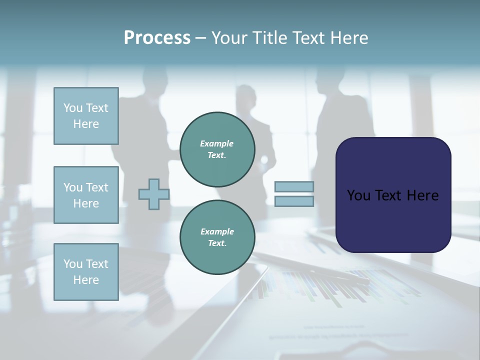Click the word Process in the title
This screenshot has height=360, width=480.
(157, 38)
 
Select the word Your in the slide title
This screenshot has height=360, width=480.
(230, 38)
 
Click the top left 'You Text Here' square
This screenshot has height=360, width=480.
(86, 116)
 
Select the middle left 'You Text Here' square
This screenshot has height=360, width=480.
(86, 195)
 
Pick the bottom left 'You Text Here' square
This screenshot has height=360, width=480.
(86, 272)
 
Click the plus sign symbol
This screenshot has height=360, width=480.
(153, 194)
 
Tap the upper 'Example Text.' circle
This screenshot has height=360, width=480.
(217, 149)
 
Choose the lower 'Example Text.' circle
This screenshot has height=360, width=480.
(217, 237)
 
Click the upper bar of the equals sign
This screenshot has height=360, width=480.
(294, 186)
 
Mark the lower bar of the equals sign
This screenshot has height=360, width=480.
(294, 201)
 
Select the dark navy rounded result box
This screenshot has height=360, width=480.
(393, 195)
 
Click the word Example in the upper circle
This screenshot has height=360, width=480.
(216, 143)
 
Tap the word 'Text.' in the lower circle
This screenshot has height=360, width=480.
(216, 243)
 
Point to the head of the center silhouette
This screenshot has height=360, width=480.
(245, 94)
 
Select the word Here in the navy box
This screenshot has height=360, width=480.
(423, 195)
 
